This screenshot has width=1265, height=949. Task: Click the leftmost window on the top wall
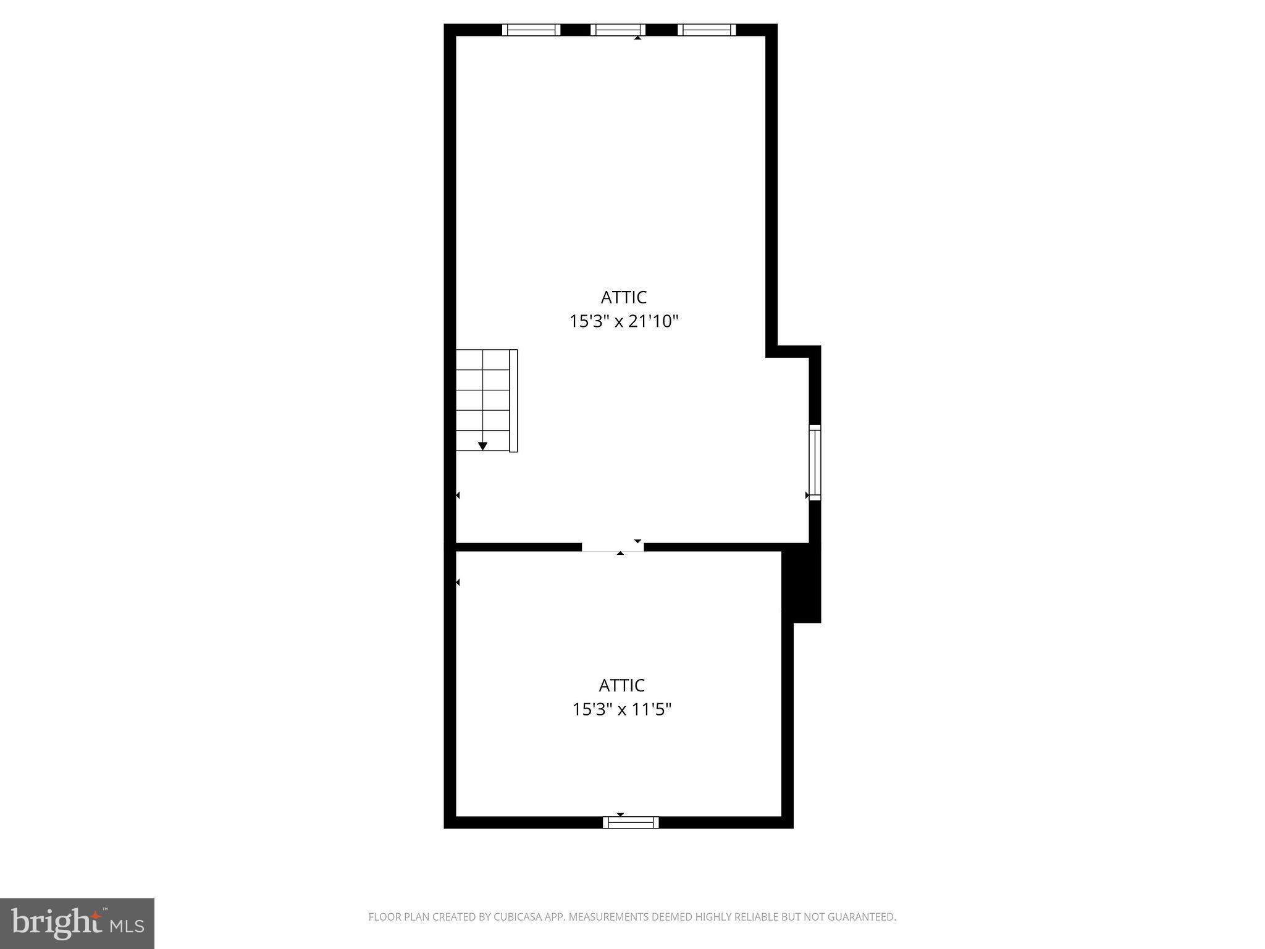(x=531, y=30)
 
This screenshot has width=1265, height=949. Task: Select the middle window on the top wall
(x=618, y=30)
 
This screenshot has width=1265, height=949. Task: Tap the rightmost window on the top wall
(x=707, y=30)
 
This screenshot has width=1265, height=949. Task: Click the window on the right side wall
(x=815, y=462)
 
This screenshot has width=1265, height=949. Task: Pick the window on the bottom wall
(x=631, y=822)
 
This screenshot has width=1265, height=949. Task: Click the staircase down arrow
(x=482, y=445)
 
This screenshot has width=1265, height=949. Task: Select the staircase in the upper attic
(x=483, y=400)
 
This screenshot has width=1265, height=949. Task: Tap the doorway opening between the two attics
(x=613, y=546)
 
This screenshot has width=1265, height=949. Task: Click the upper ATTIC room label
(x=623, y=297)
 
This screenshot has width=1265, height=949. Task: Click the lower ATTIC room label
(x=621, y=685)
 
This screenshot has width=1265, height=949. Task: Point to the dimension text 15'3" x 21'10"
(x=623, y=321)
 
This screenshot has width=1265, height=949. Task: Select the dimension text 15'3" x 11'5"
(x=621, y=709)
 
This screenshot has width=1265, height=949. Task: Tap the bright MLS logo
(x=77, y=924)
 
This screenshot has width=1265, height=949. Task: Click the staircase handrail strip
(x=513, y=400)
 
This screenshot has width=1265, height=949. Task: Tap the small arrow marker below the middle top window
(x=637, y=38)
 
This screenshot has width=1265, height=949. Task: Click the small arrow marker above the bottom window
(x=620, y=814)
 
